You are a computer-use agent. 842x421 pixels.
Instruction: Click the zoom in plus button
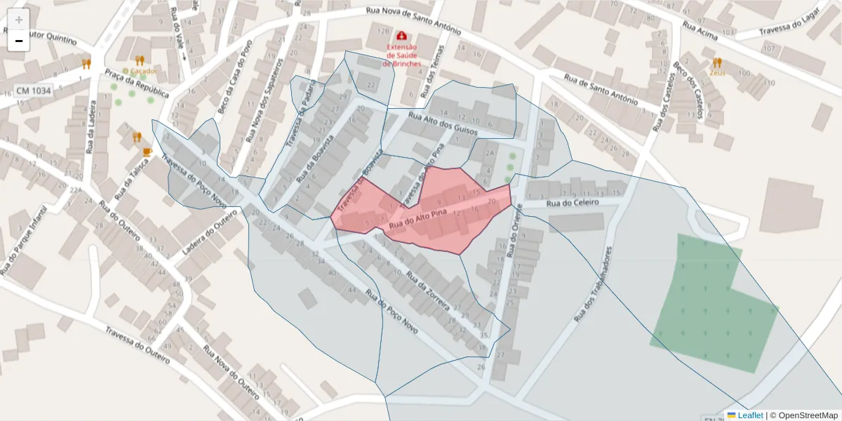pyautogui.click(x=19, y=19)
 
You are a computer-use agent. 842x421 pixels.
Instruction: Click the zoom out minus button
pyautogui.click(x=19, y=41)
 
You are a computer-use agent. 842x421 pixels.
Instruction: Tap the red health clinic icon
pyautogui.click(x=401, y=35)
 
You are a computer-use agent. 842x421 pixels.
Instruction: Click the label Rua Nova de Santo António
pyautogui.click(x=413, y=21)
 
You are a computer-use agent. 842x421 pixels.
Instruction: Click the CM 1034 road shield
pyautogui.click(x=34, y=91)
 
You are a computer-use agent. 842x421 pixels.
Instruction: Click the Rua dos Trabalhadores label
pyautogui.click(x=594, y=284)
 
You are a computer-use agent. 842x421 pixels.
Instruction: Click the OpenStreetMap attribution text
pyautogui.click(x=804, y=415)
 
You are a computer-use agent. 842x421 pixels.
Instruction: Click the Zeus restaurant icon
pyautogui.click(x=716, y=62)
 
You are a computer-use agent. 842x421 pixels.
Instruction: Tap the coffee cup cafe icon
pyautogui.click(x=147, y=152)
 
